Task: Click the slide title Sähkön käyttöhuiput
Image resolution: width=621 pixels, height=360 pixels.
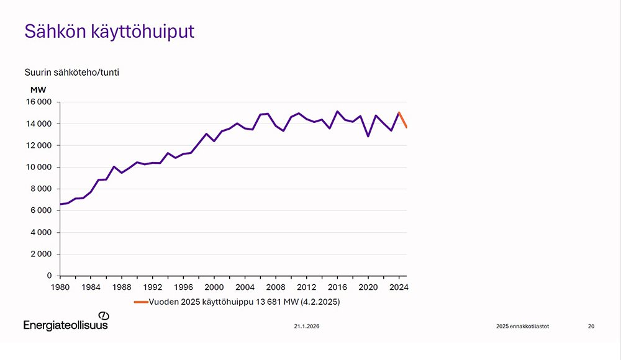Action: pos(109,32)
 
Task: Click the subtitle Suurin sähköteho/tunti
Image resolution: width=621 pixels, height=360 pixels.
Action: pos(71,72)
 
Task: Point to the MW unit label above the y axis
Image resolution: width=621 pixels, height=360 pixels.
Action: pos(38,89)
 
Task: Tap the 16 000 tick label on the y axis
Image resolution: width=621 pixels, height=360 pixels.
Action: pos(38,102)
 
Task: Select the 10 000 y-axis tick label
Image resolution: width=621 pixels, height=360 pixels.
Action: pos(38,168)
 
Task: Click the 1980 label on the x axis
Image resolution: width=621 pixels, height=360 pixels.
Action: pos(60,287)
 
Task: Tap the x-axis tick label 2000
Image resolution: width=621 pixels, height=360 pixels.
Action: pos(214,287)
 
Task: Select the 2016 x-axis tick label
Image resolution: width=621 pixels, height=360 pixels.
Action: pos(337,287)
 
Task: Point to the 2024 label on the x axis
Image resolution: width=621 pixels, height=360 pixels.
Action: pos(398,287)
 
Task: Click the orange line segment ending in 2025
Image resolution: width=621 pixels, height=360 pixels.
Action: pos(403,120)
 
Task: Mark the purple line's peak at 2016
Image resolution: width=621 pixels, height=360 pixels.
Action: pos(337,112)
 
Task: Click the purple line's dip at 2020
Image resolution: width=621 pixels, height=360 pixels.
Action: pos(368,136)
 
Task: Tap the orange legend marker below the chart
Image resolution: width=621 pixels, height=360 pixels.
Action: pos(140,302)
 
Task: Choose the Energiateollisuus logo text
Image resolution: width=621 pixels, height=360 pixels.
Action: pos(65,325)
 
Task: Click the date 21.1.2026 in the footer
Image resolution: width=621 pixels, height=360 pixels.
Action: pos(307,326)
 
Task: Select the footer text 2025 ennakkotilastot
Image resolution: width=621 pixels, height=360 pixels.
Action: pos(522,326)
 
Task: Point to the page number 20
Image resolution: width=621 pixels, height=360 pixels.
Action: pos(591,326)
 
